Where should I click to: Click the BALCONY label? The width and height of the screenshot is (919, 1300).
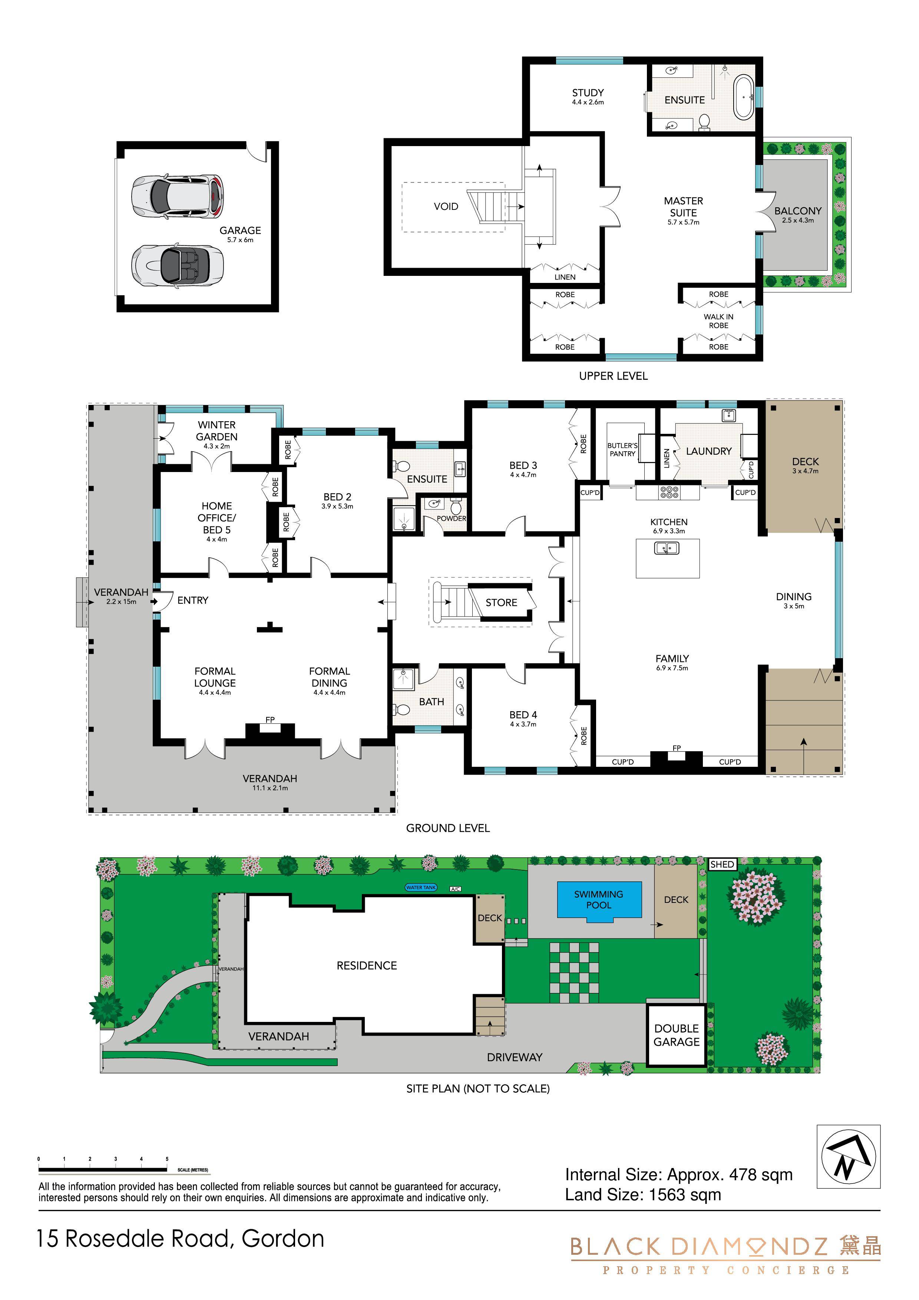(x=798, y=211)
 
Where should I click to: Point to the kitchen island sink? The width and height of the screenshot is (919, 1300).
(x=667, y=548)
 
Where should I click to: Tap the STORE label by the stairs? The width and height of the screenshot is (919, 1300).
(x=501, y=603)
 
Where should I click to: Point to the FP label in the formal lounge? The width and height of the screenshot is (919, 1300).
(x=270, y=720)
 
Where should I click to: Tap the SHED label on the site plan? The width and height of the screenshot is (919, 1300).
(x=722, y=865)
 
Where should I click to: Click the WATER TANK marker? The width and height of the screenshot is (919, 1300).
(x=421, y=887)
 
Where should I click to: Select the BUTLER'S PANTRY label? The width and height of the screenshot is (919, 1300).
(x=622, y=449)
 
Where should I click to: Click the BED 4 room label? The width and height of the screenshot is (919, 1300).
(x=523, y=715)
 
